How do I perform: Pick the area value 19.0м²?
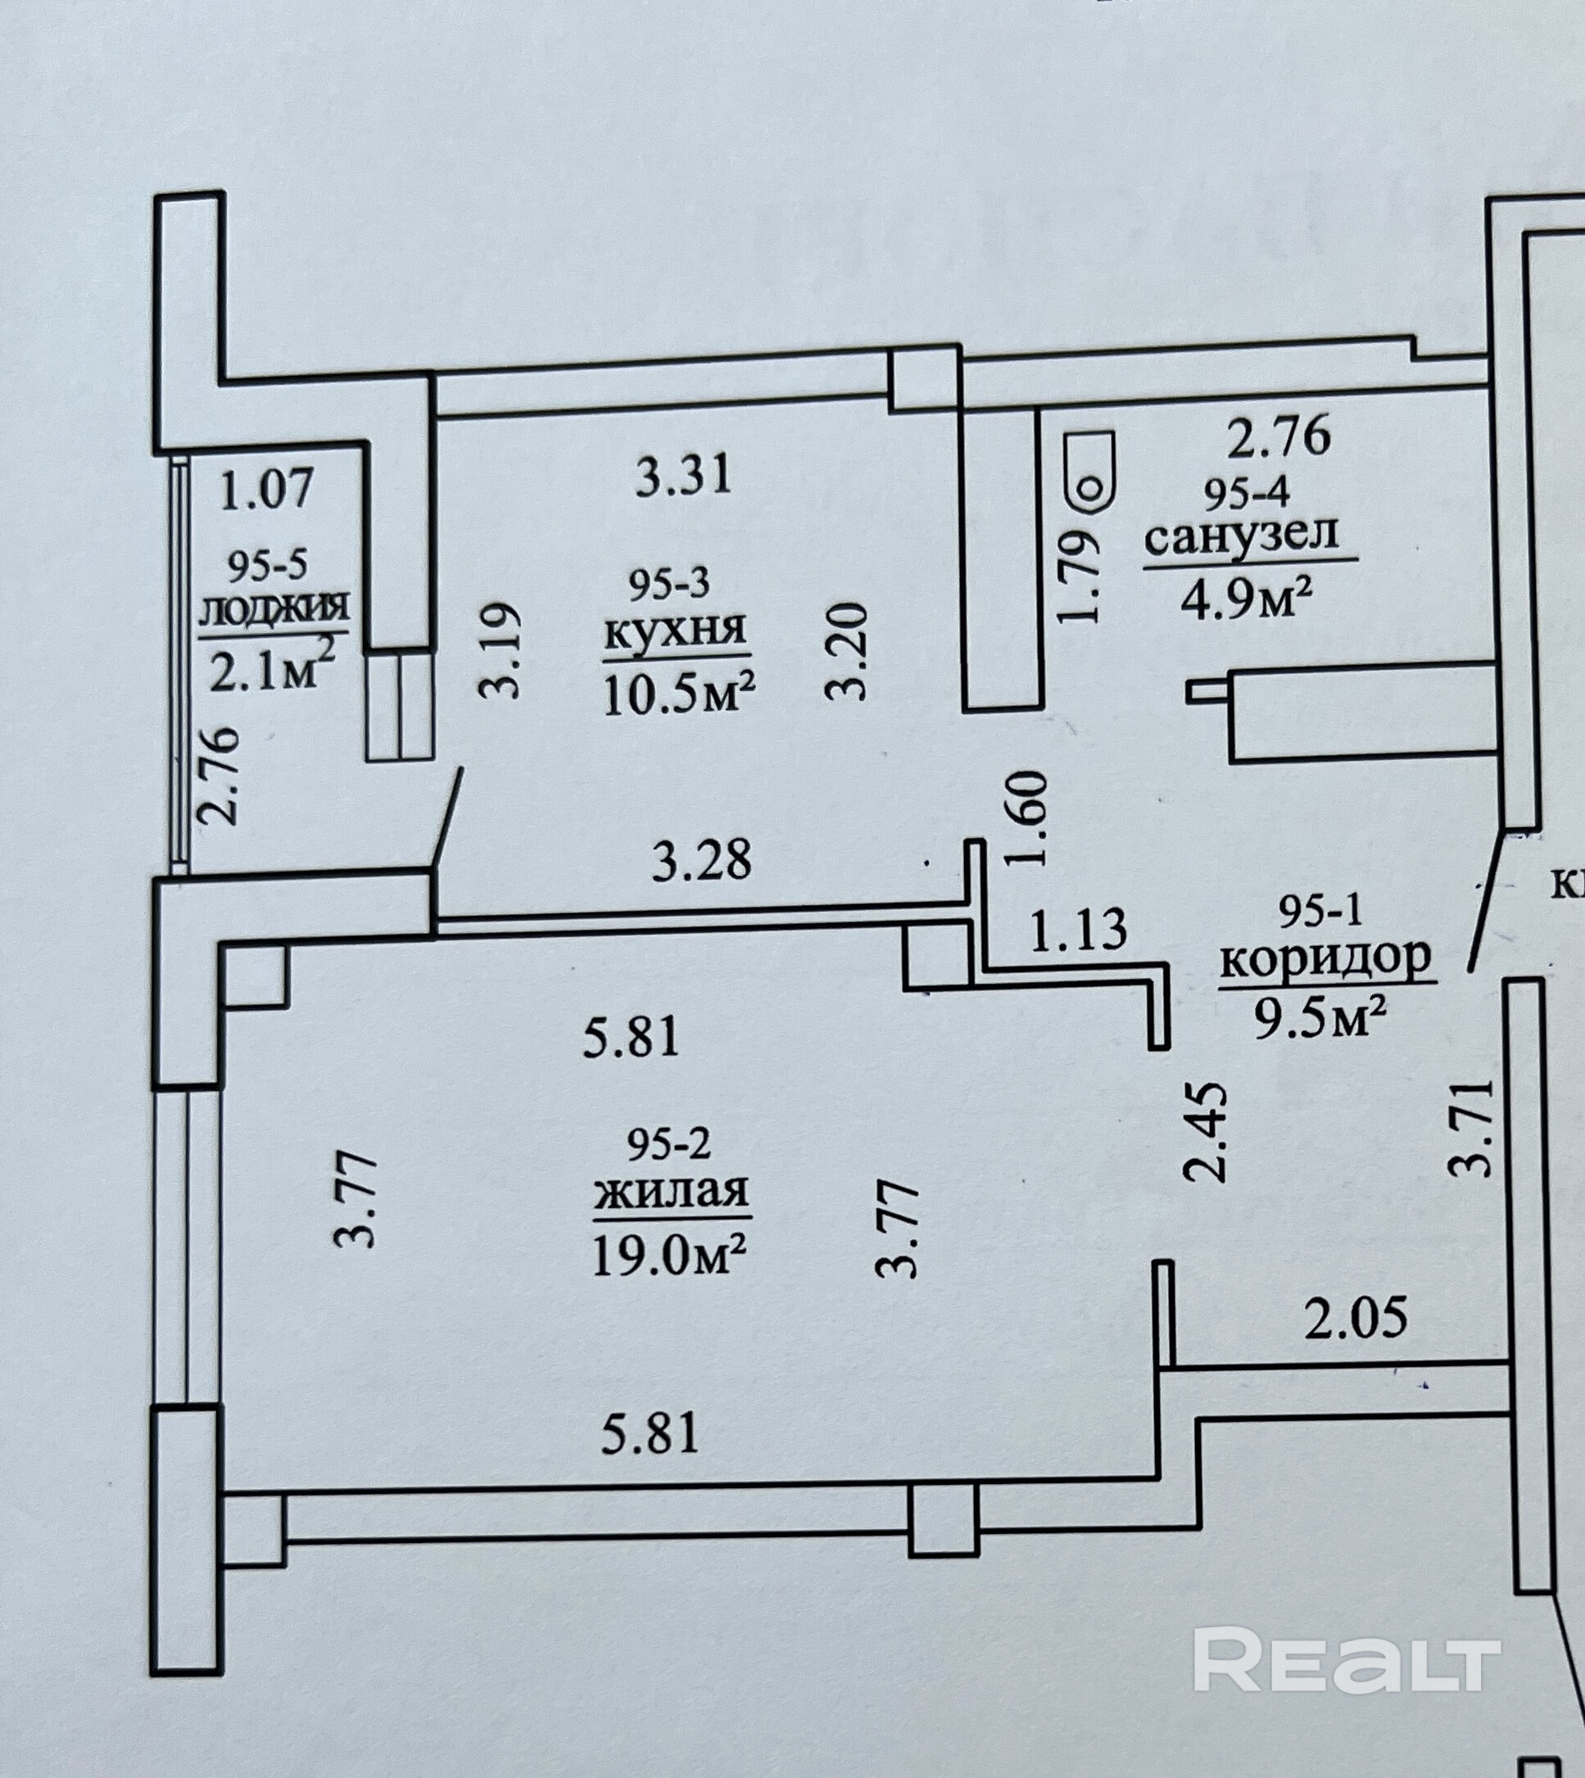click(x=670, y=1256)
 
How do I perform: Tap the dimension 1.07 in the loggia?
click(x=265, y=490)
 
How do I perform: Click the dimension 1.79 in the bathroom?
click(x=1078, y=577)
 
